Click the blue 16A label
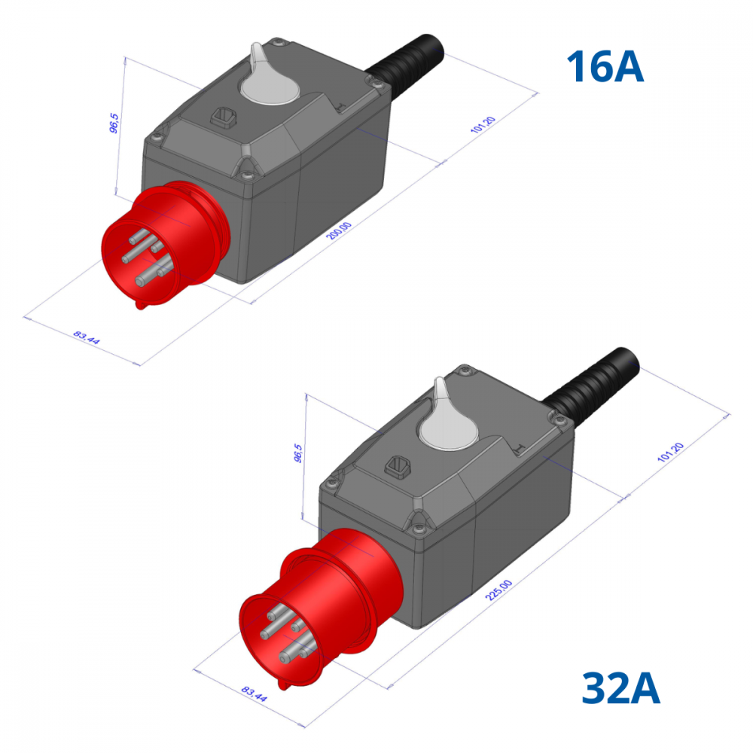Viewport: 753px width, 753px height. [605, 66]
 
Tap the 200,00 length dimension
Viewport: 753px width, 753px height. [339, 231]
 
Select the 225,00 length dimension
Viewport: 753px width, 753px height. [499, 590]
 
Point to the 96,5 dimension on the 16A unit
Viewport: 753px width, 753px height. [114, 123]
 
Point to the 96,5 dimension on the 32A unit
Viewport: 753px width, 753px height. [298, 453]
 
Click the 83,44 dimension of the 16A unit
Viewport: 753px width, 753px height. [87, 337]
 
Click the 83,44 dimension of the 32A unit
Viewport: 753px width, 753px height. [254, 694]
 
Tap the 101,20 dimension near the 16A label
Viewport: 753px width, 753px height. [483, 125]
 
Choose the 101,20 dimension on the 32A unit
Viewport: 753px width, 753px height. [670, 453]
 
